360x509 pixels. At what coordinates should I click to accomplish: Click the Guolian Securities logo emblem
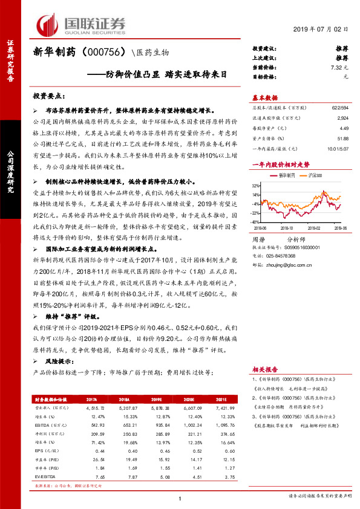point(48,24)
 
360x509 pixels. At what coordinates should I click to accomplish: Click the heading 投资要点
point(48,97)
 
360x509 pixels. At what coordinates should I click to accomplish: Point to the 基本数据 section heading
point(264,97)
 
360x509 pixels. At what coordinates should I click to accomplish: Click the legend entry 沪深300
point(315,175)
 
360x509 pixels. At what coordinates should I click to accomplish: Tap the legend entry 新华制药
point(287,175)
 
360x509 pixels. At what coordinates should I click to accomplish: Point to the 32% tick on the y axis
point(256,186)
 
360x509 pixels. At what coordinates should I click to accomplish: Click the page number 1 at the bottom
point(180,498)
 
